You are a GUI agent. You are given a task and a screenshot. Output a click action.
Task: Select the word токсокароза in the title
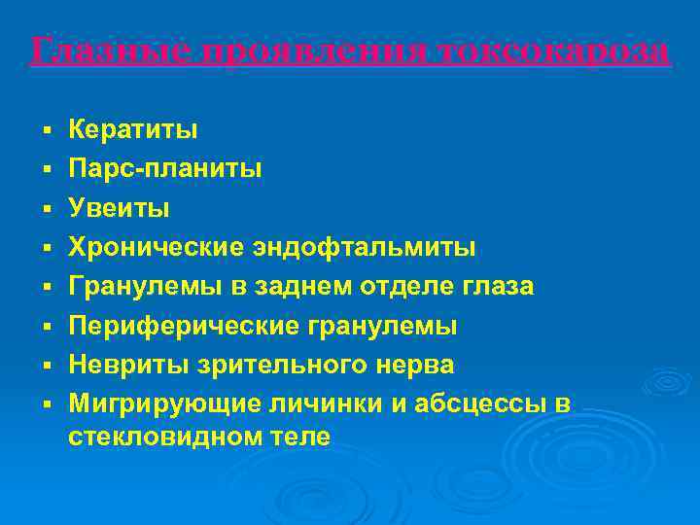point(552,51)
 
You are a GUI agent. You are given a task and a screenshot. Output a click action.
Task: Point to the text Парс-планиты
point(164,168)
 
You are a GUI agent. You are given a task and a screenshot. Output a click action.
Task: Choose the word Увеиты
point(120,208)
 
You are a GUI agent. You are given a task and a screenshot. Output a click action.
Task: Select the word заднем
point(288,287)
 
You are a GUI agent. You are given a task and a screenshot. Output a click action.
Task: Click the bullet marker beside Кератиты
point(46,129)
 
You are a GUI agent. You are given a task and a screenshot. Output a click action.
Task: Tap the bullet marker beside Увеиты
point(46,208)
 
